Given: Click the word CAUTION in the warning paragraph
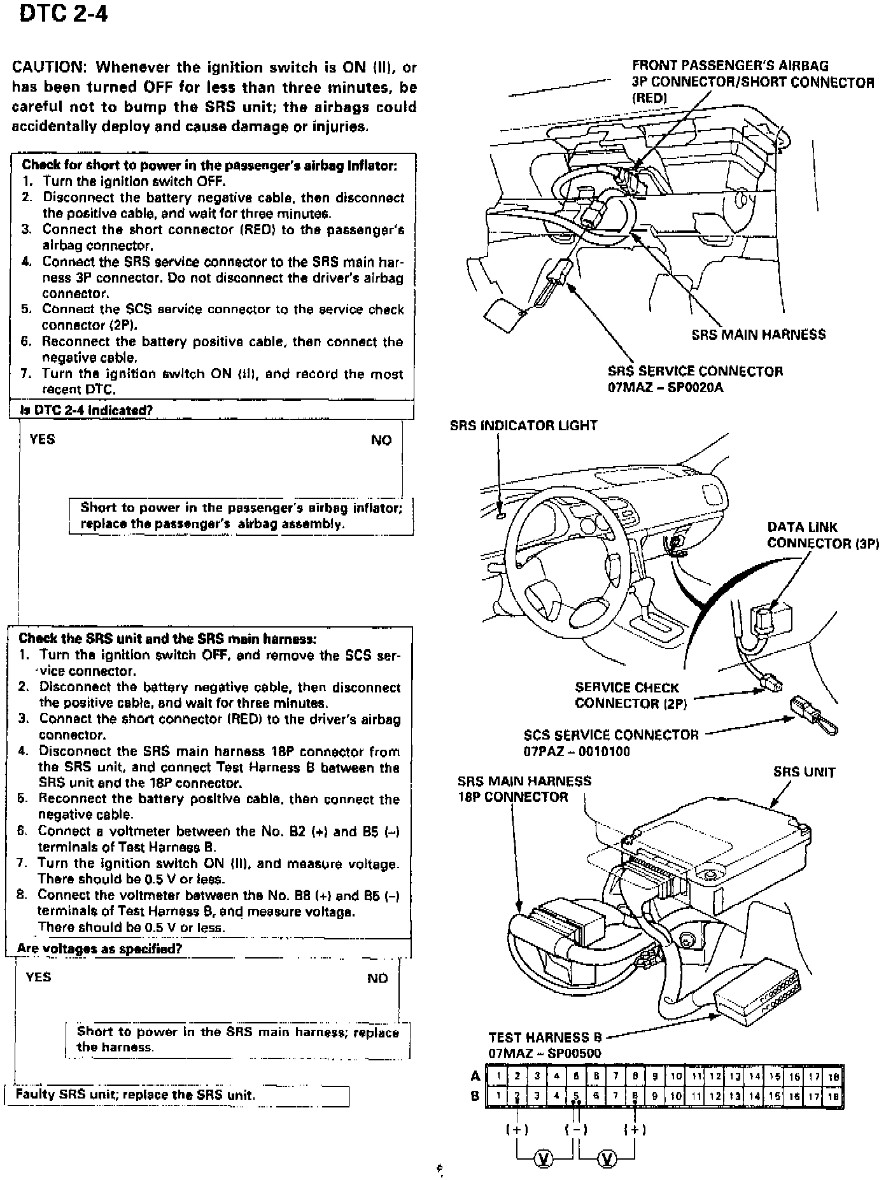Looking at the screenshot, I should [x=48, y=67].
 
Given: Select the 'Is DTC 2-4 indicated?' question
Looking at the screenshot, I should [x=87, y=410].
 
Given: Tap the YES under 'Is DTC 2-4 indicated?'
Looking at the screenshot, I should [x=42, y=439].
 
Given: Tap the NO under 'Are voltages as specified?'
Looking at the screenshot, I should [x=377, y=978].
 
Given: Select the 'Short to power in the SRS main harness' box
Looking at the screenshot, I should [x=237, y=1039].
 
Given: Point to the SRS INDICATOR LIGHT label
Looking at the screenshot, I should [x=523, y=425].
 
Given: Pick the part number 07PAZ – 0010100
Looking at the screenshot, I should [x=577, y=752].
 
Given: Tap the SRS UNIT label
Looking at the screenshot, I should [x=804, y=772].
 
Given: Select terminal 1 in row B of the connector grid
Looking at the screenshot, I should [x=498, y=1097].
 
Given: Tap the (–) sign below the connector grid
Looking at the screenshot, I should [x=575, y=1130].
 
